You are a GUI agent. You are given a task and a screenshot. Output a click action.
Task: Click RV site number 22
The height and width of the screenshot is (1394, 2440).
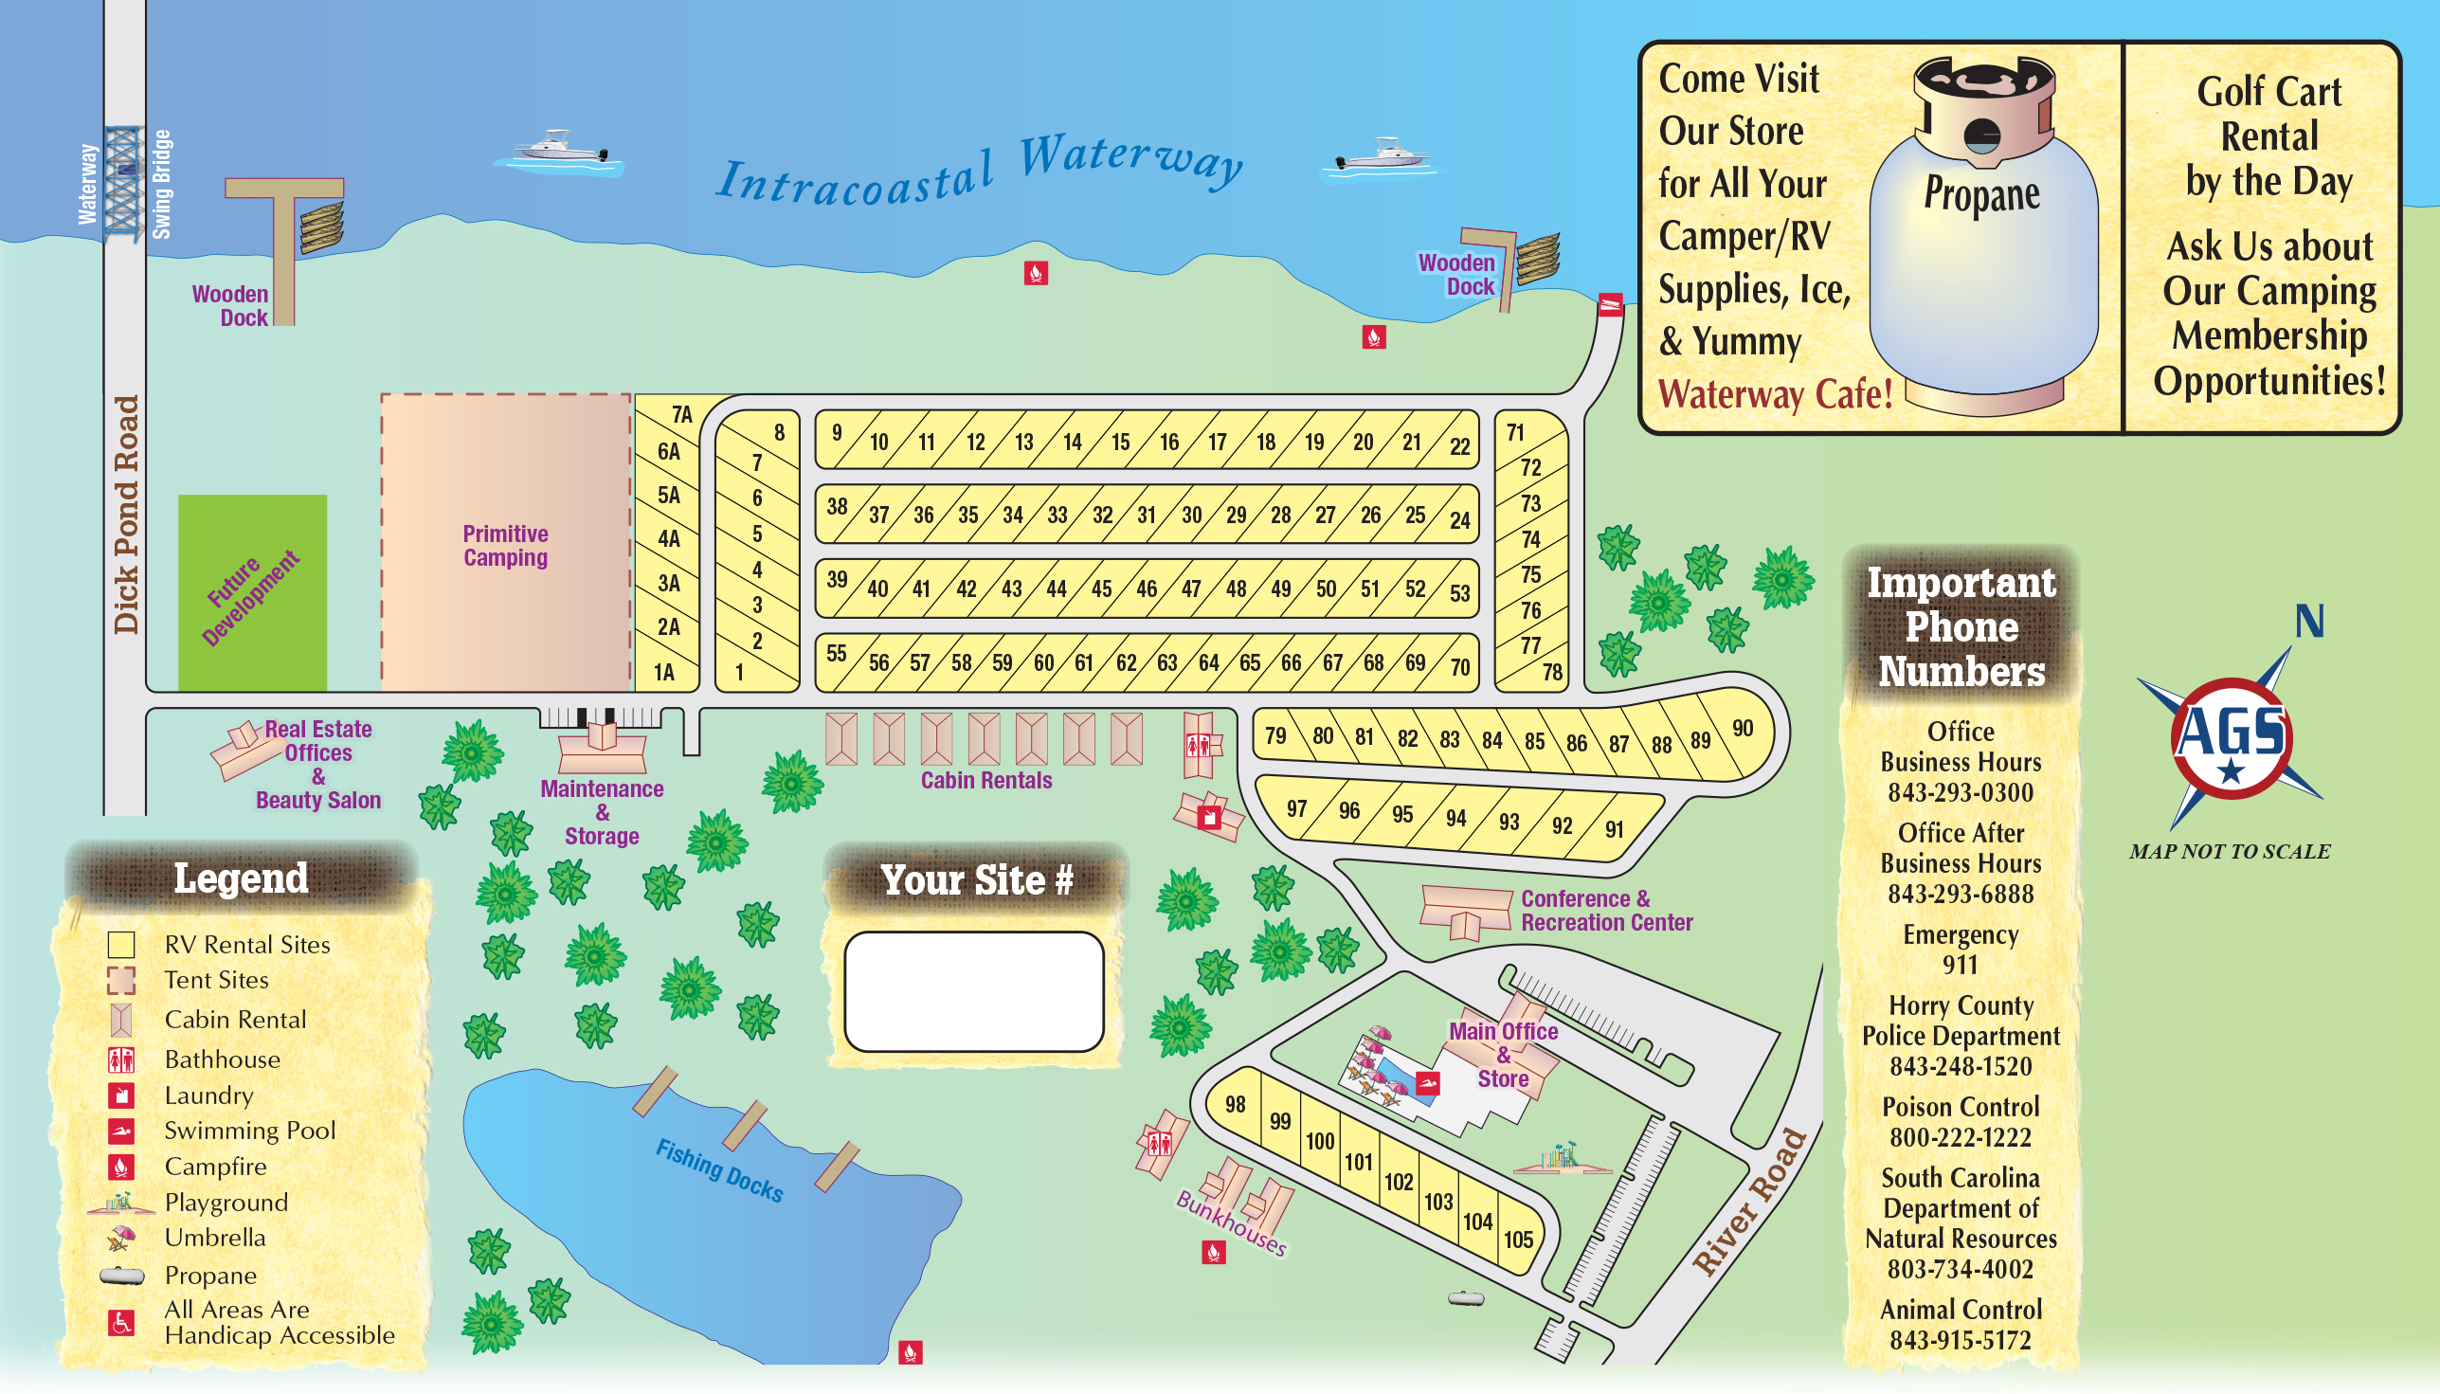point(1459,446)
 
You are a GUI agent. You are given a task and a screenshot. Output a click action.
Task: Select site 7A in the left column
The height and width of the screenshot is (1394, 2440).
point(680,414)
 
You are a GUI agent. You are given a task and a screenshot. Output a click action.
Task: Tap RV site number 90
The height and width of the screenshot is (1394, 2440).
point(1743,729)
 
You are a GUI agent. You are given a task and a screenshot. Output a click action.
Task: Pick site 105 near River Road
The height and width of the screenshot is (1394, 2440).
point(1518,1240)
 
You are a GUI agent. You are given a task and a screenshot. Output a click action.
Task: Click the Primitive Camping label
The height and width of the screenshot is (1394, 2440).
point(505,546)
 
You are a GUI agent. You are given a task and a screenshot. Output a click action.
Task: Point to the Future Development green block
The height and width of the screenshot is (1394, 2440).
point(253,593)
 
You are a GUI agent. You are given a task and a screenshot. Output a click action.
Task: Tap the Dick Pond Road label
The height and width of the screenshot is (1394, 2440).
point(126,515)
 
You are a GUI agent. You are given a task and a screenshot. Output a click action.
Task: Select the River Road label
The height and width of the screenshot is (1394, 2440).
point(1750,1202)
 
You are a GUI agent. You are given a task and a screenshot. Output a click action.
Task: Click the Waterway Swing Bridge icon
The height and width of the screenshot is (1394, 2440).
point(122,184)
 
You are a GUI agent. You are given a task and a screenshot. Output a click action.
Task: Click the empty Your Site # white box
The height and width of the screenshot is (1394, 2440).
point(973,992)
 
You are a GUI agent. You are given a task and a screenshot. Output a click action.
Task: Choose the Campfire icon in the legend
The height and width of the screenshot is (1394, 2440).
point(120,1168)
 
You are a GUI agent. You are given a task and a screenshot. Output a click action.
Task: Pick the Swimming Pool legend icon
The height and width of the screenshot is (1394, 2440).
point(120,1131)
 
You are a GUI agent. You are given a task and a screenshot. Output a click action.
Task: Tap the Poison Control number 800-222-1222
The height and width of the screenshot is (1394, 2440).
point(1960,1137)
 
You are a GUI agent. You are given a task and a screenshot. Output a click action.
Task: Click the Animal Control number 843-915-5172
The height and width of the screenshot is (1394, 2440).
point(1960,1340)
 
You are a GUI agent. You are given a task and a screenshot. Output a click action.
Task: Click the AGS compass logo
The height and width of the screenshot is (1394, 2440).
point(2232,738)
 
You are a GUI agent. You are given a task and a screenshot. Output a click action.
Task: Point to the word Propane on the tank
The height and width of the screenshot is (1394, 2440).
point(1981,194)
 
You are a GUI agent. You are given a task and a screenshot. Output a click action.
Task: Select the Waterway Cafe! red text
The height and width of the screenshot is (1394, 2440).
point(1776,394)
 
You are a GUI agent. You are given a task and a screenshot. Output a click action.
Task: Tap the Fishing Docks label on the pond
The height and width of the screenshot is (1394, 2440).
point(719,1170)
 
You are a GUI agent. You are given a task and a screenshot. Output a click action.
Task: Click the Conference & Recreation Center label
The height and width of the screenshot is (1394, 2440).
point(1605,911)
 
